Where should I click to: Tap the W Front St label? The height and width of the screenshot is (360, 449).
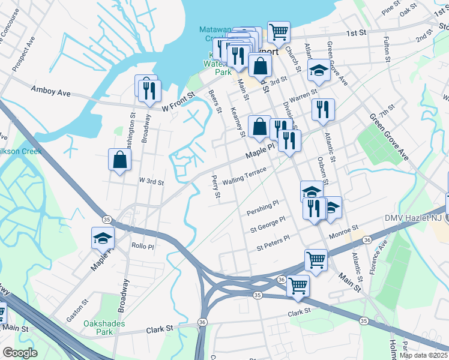pos(179,102)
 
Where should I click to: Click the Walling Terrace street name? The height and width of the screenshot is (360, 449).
pos(244,176)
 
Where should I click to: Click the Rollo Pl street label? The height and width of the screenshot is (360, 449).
pos(143,247)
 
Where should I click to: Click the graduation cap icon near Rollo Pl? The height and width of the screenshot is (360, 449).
pos(103,238)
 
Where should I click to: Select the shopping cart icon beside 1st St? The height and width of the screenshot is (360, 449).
pos(279,32)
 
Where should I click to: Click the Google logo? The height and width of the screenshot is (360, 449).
pos(20,353)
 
